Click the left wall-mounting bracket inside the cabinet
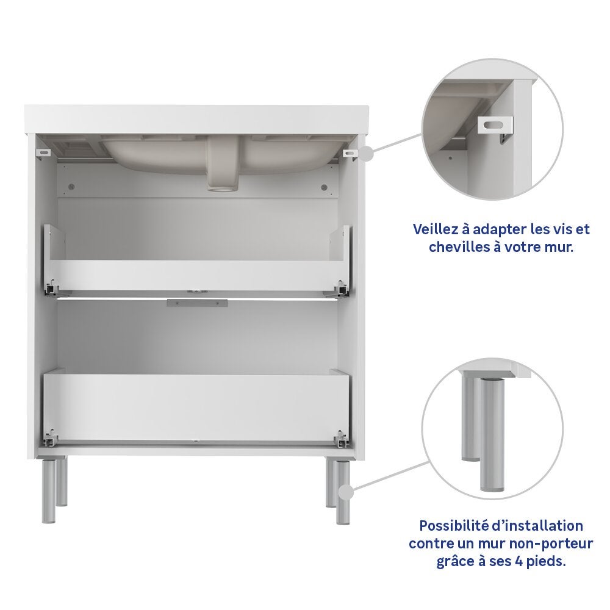coord(43,153)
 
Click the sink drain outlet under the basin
coord(222,187)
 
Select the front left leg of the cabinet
coord(48,490)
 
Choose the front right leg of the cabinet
coord(343,493)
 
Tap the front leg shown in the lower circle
coord(492,434)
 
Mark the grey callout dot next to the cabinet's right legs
coord(346,492)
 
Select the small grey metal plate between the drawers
coord(197,303)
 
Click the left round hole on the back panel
coord(71,187)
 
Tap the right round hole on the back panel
coord(324,187)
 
